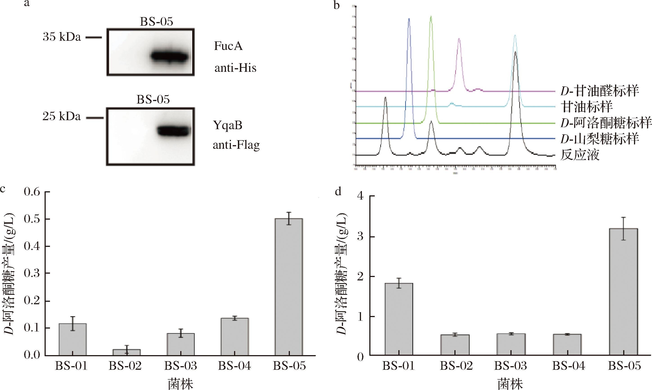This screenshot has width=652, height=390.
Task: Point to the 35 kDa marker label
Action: click(x=62, y=37)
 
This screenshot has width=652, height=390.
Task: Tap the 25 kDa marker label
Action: click(x=61, y=116)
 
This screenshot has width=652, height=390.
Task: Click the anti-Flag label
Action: click(x=236, y=145)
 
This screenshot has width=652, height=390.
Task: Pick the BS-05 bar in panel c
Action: click(x=289, y=286)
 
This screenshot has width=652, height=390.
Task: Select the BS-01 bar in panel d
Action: click(x=399, y=319)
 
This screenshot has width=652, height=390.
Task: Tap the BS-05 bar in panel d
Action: click(x=623, y=292)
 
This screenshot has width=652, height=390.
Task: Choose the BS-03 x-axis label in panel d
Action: click(x=511, y=366)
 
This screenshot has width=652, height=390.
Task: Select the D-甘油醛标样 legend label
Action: click(x=599, y=91)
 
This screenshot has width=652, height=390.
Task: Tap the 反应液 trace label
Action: click(x=580, y=155)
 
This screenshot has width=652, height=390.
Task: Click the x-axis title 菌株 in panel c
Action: click(x=180, y=384)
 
